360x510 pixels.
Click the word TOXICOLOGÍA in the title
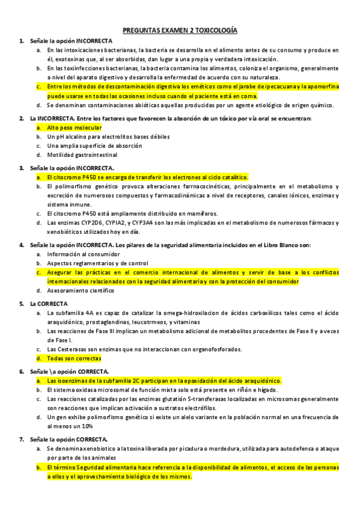pyautogui.click(x=214, y=29)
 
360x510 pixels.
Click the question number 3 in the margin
pyautogui.click(x=22, y=168)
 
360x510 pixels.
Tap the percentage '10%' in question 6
pyautogui.click(x=86, y=426)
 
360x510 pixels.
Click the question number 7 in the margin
pyautogui.click(x=22, y=439)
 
